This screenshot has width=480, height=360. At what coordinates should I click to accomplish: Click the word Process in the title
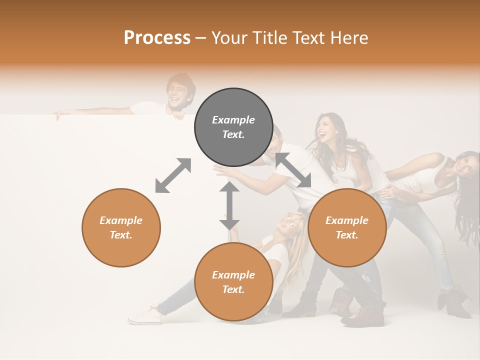pyautogui.click(x=157, y=38)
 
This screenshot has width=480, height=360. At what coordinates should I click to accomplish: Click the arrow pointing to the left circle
pyautogui.click(x=173, y=175)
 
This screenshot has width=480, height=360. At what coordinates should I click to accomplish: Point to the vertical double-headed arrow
pyautogui.click(x=229, y=205)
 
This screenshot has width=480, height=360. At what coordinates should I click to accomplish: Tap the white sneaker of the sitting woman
pyautogui.click(x=145, y=315)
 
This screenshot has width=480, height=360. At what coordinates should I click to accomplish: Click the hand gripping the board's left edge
pyautogui.click(x=58, y=115)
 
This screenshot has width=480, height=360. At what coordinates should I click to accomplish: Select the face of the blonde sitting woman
pyautogui.click(x=289, y=223)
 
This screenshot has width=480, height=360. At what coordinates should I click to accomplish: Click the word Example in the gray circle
pyautogui.click(x=233, y=120)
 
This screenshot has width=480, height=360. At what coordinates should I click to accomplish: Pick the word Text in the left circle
pyautogui.click(x=121, y=235)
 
